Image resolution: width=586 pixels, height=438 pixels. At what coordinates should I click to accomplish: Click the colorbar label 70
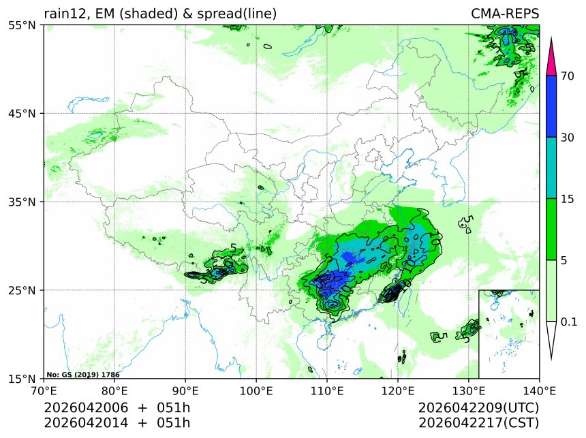point(567,76)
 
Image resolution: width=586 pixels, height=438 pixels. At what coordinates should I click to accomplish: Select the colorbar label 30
point(567,138)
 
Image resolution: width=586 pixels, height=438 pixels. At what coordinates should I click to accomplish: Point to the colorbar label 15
point(567,199)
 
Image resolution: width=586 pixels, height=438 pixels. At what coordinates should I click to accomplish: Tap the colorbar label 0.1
point(568,322)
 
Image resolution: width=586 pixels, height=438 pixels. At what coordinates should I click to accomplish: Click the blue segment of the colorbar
point(553,106)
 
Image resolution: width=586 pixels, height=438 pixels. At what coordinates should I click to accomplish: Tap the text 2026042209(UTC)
point(478,408)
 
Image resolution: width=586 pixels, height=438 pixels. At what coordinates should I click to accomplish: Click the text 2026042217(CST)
point(478,423)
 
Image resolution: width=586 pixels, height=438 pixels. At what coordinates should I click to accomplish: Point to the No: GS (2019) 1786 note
point(83,375)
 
